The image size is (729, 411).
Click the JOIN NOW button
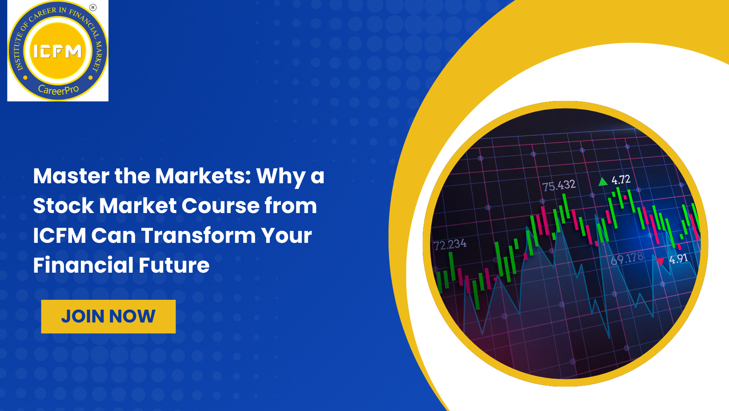[108, 316]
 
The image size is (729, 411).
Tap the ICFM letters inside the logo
[58, 52]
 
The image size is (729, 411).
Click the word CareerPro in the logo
[58, 89]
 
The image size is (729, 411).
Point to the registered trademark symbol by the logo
[93, 7]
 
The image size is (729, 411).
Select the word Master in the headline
[71, 176]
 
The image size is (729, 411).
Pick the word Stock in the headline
[63, 205]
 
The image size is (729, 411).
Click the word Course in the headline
[220, 205]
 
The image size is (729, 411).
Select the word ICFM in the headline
[59, 235]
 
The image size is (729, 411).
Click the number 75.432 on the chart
[559, 185]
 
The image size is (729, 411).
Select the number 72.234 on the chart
[449, 245]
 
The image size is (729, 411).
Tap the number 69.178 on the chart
[627, 258]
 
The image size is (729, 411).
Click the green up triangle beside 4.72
[603, 181]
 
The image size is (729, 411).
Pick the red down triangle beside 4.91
[661, 261]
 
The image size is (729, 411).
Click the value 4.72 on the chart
[621, 180]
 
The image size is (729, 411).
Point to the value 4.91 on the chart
[679, 259]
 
